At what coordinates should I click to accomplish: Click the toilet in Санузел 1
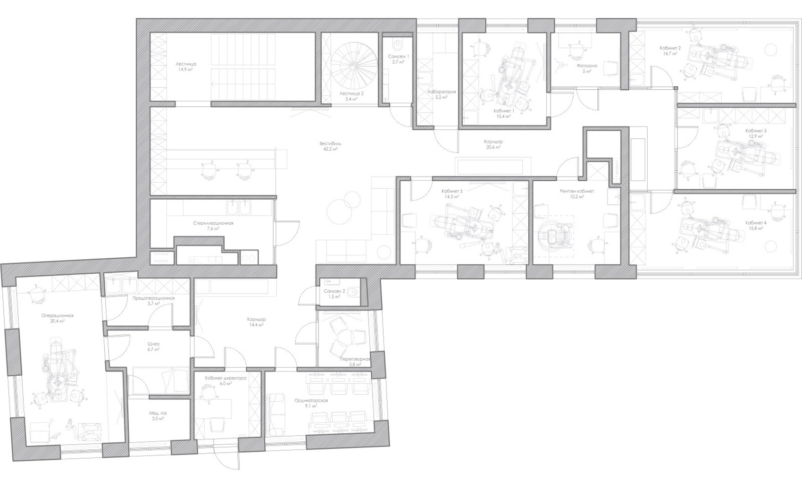398,45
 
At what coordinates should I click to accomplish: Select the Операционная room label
58,315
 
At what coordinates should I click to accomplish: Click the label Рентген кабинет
577,191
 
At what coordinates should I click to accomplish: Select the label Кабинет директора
226,378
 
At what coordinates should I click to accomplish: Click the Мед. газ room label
158,413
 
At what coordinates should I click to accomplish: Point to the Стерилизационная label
213,223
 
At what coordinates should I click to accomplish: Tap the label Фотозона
586,66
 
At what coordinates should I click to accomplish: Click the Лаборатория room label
441,92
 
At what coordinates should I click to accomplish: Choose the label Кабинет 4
756,222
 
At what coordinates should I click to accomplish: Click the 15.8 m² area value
756,228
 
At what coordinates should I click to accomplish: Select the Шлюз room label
153,344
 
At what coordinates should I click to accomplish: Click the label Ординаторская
311,400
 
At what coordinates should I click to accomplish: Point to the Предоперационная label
153,298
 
